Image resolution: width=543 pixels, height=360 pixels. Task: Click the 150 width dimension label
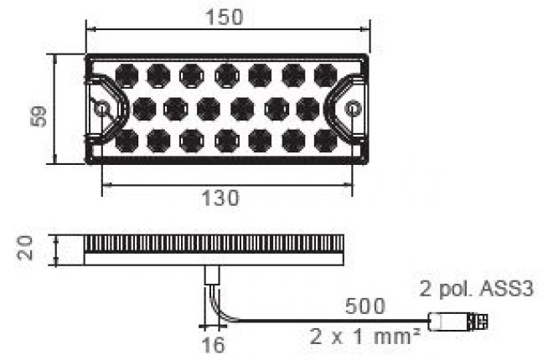[x=225, y=17]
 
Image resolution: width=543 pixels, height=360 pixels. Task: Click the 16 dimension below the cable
[x=215, y=344]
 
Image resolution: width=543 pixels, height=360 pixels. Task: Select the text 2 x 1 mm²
[x=365, y=338]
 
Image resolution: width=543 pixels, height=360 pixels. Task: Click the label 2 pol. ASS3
[x=476, y=289]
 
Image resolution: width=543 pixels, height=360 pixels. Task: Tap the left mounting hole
[x=101, y=109]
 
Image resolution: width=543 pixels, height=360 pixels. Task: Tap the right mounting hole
[x=353, y=109]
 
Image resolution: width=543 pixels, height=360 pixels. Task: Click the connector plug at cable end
[x=459, y=321]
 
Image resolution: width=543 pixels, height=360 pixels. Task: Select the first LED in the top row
[x=126, y=75]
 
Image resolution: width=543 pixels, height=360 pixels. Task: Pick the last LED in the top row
[x=326, y=75]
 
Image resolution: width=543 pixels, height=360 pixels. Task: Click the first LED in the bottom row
[x=126, y=141]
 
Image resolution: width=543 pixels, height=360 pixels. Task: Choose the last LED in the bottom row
[x=326, y=141]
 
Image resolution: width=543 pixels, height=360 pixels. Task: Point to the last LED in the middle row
[x=308, y=108]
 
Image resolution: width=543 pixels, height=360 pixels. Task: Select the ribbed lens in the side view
[x=214, y=244]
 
